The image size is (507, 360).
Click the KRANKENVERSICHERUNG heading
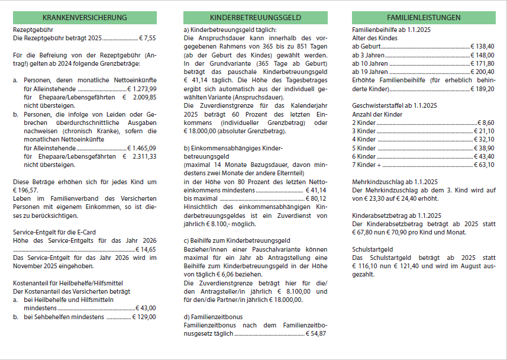click(x=85, y=18)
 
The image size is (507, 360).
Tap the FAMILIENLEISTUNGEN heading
click(x=424, y=18)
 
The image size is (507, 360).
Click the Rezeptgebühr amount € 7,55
click(x=147, y=37)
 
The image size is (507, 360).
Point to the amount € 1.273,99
click(x=142, y=88)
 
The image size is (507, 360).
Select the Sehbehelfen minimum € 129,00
click(x=144, y=317)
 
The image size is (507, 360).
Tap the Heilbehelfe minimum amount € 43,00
click(x=146, y=308)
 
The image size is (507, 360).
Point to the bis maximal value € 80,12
click(x=316, y=199)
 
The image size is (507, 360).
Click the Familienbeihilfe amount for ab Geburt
click(x=483, y=46)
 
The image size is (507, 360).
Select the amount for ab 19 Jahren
click(x=483, y=71)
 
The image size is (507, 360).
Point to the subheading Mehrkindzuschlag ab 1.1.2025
click(x=393, y=182)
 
